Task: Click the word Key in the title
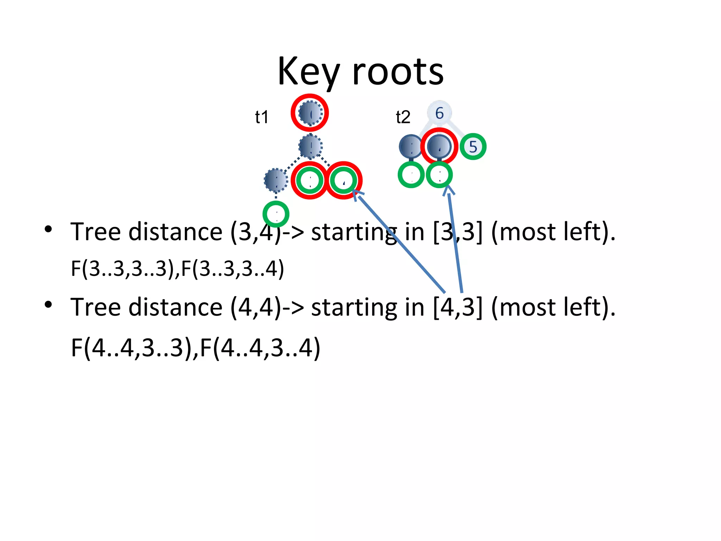pyautogui.click(x=308, y=72)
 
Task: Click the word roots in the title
pyautogui.click(x=398, y=72)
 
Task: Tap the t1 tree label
pyautogui.click(x=262, y=117)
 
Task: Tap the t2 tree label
pyautogui.click(x=403, y=117)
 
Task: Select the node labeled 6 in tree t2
pyautogui.click(x=439, y=113)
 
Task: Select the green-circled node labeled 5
pyautogui.click(x=473, y=147)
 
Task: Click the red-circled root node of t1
pyautogui.click(x=310, y=113)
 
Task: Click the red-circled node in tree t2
pyautogui.click(x=439, y=146)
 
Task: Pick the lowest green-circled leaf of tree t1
pyautogui.click(x=276, y=214)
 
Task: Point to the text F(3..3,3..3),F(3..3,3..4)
pyautogui.click(x=177, y=268)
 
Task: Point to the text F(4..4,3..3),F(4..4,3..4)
pyautogui.click(x=195, y=348)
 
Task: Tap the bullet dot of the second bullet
pyautogui.click(x=48, y=305)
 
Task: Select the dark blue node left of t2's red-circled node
pyautogui.click(x=410, y=147)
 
